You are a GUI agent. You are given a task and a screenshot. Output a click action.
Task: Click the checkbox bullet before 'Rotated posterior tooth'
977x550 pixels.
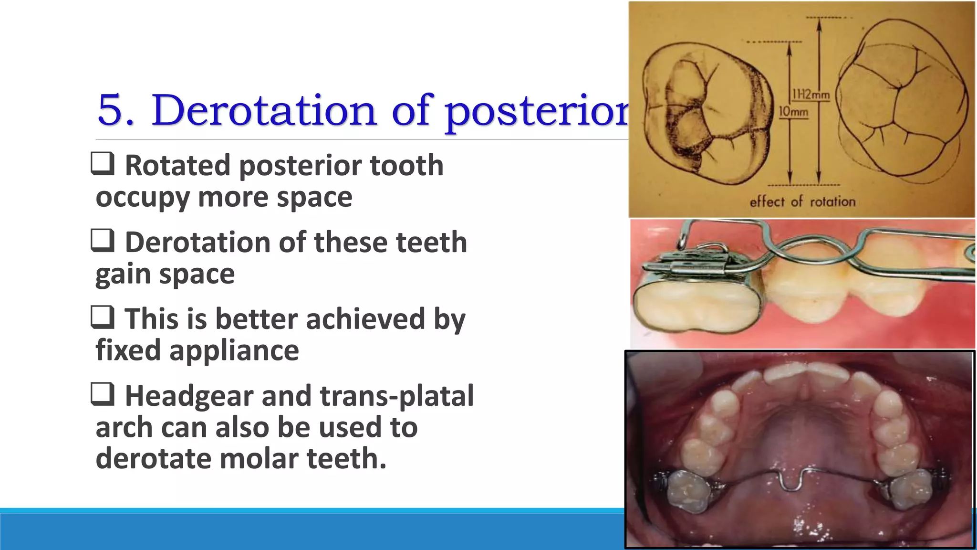103,164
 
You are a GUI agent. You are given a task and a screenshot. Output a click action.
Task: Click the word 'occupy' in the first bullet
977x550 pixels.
143,198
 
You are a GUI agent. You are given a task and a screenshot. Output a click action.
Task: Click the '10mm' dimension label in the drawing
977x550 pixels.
793,112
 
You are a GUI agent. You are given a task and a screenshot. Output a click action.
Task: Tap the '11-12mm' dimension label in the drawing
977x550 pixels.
811,95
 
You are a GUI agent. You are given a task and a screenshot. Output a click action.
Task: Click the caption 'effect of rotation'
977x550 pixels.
802,201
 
